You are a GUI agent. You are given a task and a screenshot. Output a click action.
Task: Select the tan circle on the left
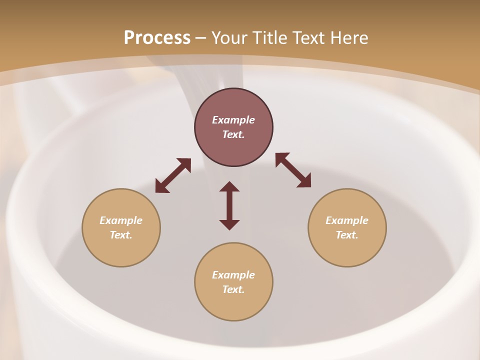pos(121,250)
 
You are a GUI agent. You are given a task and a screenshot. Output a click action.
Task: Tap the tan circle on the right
pos(347,250)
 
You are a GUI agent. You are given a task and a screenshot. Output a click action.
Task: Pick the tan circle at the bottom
pos(233,305)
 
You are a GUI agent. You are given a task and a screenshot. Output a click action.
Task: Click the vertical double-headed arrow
pos(229,206)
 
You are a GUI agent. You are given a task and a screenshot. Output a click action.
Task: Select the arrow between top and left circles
pos(173,175)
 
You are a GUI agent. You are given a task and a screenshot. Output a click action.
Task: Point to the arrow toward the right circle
pos(293,170)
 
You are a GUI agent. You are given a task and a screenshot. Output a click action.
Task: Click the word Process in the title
pos(157,37)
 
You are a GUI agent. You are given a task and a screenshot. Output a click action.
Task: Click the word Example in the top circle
pos(233,120)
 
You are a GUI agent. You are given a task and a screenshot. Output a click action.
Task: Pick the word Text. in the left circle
pos(121,235)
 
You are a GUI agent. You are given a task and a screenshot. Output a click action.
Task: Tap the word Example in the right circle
pos(347,220)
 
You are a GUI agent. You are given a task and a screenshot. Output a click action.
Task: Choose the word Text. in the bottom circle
pos(233,289)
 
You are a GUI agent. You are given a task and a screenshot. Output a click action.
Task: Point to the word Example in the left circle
pos(121,220)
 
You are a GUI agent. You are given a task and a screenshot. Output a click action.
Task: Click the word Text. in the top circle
pos(233,134)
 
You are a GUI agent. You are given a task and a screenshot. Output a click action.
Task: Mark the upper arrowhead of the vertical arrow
pos(229,186)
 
